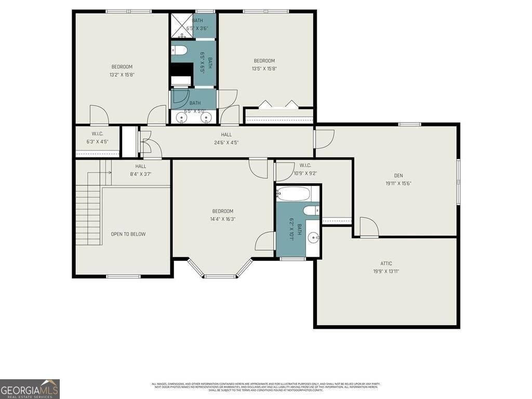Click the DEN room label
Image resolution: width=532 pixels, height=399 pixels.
[x=398, y=176]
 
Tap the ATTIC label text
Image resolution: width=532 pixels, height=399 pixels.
[x=386, y=263]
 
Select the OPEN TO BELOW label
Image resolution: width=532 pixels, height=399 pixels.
[x=128, y=234]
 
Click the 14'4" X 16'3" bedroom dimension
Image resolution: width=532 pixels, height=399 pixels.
[x=223, y=219]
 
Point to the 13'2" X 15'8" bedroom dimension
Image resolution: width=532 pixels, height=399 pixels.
[x=122, y=74]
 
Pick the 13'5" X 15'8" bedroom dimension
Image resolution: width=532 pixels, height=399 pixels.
[x=264, y=69]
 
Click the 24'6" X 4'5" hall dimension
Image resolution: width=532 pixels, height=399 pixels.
[x=226, y=142]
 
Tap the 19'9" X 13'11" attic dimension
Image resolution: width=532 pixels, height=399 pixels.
[x=386, y=271]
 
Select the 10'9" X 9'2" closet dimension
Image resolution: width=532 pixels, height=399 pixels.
[x=305, y=174]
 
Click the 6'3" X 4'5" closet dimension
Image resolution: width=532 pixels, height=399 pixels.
[x=97, y=141]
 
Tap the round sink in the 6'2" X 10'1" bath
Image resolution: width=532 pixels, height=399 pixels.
[x=313, y=238]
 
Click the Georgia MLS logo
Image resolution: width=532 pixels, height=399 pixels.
[x=30, y=389]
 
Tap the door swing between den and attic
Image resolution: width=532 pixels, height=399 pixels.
[x=369, y=227]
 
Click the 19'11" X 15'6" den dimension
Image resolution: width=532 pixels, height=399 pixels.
[x=398, y=183]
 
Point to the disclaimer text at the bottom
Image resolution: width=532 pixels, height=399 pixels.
[x=265, y=387]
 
